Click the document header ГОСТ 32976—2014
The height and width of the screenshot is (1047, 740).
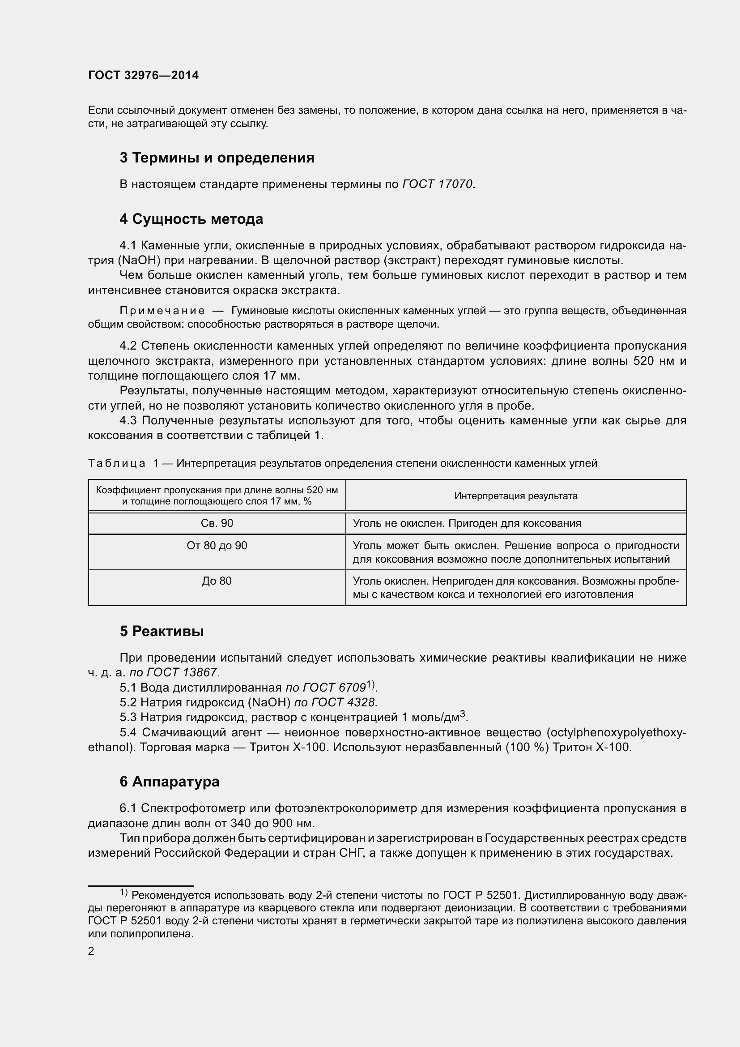(143, 75)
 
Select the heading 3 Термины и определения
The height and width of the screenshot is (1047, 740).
(217, 158)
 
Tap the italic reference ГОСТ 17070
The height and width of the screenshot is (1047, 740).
(438, 184)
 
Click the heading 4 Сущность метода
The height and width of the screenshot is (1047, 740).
(191, 219)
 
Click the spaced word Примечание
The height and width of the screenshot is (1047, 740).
(162, 311)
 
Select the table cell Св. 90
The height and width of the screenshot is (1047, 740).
(217, 523)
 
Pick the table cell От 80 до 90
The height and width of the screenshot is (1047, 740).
(217, 545)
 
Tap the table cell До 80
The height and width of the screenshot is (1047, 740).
(217, 581)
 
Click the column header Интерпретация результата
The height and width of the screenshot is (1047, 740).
(516, 496)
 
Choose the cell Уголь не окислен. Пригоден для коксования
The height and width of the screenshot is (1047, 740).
(467, 523)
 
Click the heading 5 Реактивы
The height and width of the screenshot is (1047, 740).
(162, 632)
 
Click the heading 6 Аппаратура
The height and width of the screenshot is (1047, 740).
(170, 782)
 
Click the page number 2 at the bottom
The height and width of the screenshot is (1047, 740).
(91, 951)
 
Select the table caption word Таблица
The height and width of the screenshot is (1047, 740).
(117, 464)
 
